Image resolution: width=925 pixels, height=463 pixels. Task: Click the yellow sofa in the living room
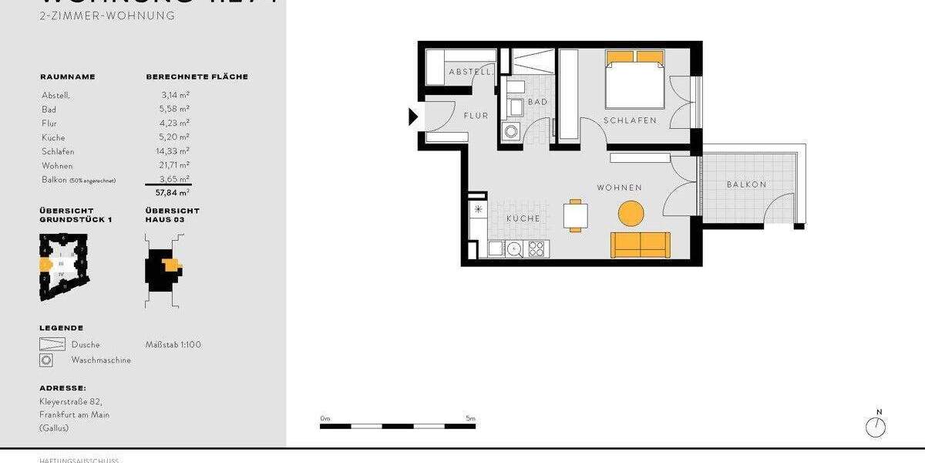pyautogui.click(x=641, y=245)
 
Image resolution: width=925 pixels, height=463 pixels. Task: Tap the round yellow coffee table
pyautogui.click(x=631, y=213)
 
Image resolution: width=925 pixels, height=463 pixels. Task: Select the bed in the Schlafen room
pyautogui.click(x=634, y=80)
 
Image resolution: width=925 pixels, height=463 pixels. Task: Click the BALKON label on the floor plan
pyautogui.click(x=746, y=184)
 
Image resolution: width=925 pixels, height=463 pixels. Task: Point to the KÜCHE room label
pyautogui.click(x=523, y=218)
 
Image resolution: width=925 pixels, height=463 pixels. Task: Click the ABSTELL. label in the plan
pyautogui.click(x=469, y=72)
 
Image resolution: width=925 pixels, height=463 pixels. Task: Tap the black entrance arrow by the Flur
pyautogui.click(x=413, y=117)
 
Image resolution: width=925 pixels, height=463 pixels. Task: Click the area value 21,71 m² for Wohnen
pyautogui.click(x=174, y=165)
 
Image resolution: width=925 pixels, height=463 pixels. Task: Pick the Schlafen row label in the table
pyautogui.click(x=58, y=151)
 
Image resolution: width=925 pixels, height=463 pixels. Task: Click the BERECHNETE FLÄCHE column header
pyautogui.click(x=197, y=77)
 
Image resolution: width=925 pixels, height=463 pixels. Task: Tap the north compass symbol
pyautogui.click(x=876, y=426)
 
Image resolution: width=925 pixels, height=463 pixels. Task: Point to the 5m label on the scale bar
pyautogui.click(x=470, y=418)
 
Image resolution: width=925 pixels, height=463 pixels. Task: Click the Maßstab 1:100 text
pyautogui.click(x=173, y=345)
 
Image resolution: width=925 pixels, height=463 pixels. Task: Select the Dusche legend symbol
pyautogui.click(x=52, y=345)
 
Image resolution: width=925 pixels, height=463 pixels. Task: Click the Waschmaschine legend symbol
pyautogui.click(x=47, y=360)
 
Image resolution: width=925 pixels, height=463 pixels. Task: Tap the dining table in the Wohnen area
pyautogui.click(x=575, y=215)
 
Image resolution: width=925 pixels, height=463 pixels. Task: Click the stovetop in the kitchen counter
pyautogui.click(x=536, y=248)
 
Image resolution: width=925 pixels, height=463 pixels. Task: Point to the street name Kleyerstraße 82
pyautogui.click(x=70, y=402)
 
